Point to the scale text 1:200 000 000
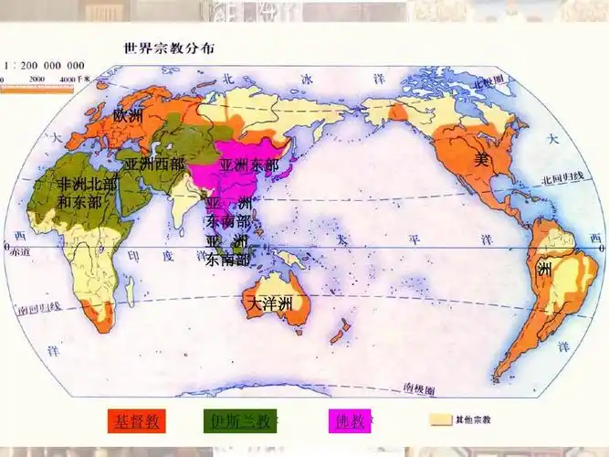pos(45,66)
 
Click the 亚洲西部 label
pos(154,165)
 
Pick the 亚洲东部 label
pos(249,165)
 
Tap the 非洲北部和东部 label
pos(87,193)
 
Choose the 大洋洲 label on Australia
pos(270,303)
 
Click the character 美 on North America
pos(482,159)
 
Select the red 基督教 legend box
pos(136,421)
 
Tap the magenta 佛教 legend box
pos(350,421)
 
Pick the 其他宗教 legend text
pos(473,420)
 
